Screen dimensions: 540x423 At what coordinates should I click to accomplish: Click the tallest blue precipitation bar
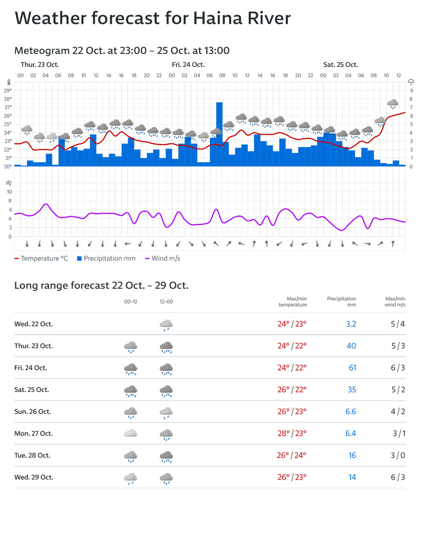219,133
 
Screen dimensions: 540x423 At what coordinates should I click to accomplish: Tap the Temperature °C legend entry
41,258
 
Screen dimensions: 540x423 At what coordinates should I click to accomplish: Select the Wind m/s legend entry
163,258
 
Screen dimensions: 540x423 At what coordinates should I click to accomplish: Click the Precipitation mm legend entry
106,258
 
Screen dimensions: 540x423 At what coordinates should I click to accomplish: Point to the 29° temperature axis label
8,90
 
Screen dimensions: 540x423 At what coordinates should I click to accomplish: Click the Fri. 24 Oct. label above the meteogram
188,65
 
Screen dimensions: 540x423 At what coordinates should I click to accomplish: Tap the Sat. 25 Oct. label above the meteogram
340,65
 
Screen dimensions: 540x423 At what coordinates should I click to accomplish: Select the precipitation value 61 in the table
352,368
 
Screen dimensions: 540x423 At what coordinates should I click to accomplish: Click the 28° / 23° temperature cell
292,433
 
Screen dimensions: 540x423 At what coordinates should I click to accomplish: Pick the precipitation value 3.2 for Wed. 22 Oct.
351,324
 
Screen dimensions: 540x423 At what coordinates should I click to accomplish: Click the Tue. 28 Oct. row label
32,455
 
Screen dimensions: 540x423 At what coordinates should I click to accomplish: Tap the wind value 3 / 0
398,455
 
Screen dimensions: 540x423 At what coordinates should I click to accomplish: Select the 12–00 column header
166,302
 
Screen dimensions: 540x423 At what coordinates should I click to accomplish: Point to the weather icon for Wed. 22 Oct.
166,325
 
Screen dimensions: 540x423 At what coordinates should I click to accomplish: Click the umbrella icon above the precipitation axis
411,82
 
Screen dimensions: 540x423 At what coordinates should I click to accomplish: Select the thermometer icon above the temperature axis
9,82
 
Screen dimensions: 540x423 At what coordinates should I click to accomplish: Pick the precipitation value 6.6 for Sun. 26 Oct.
351,412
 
